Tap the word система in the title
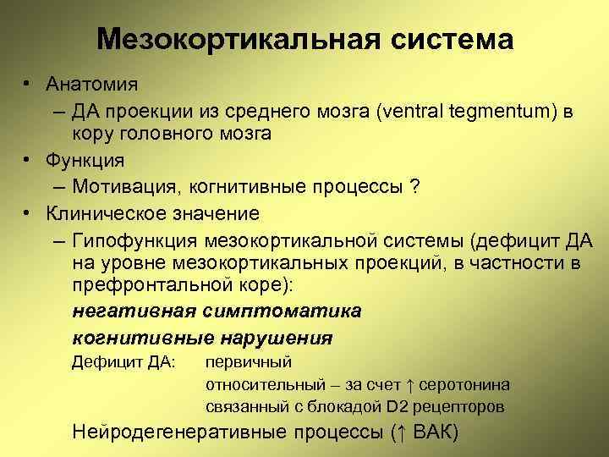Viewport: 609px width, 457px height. [x=459, y=39]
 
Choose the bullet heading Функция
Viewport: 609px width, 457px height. [x=85, y=160]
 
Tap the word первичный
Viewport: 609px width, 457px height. [x=249, y=362]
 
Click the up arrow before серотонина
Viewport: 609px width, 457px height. [x=408, y=385]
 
